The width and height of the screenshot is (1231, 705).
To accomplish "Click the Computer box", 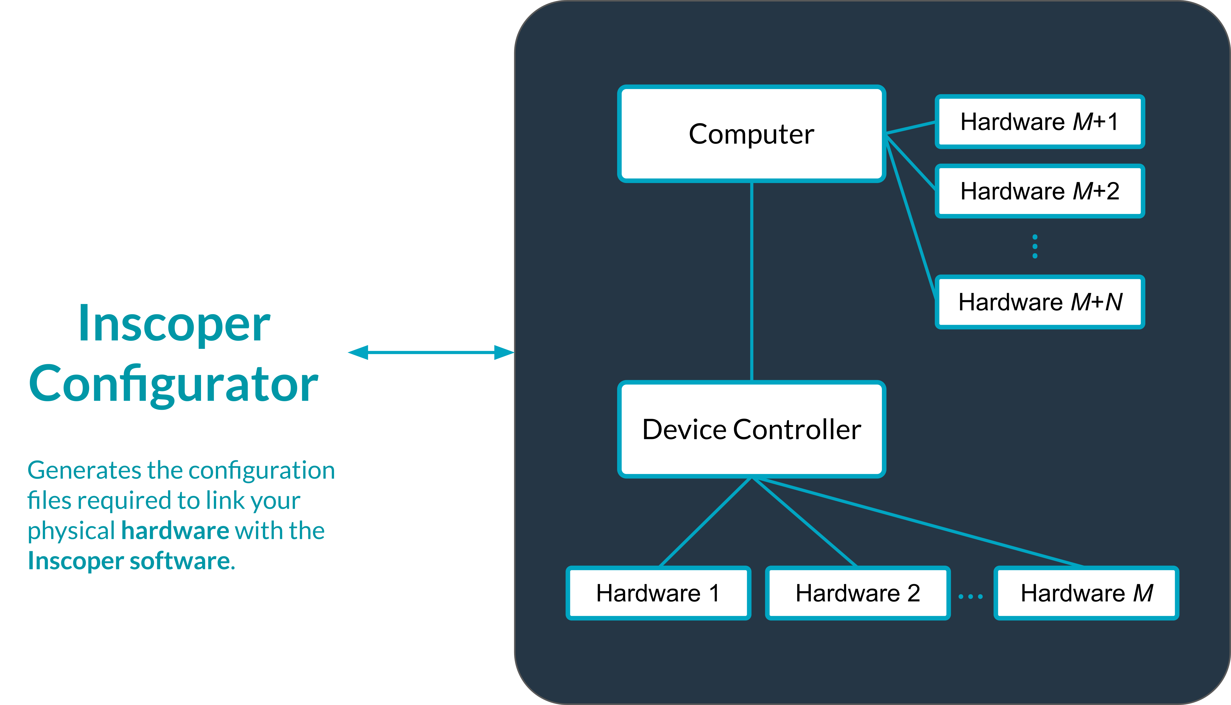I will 751,134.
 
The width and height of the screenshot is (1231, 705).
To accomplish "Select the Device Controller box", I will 751,429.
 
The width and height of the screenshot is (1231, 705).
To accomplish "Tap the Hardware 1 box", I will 658,593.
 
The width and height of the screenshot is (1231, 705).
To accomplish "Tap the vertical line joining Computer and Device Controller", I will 751,281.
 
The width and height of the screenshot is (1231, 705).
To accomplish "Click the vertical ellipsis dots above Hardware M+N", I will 1035,246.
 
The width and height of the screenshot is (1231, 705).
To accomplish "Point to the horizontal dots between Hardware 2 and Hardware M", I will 970,597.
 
